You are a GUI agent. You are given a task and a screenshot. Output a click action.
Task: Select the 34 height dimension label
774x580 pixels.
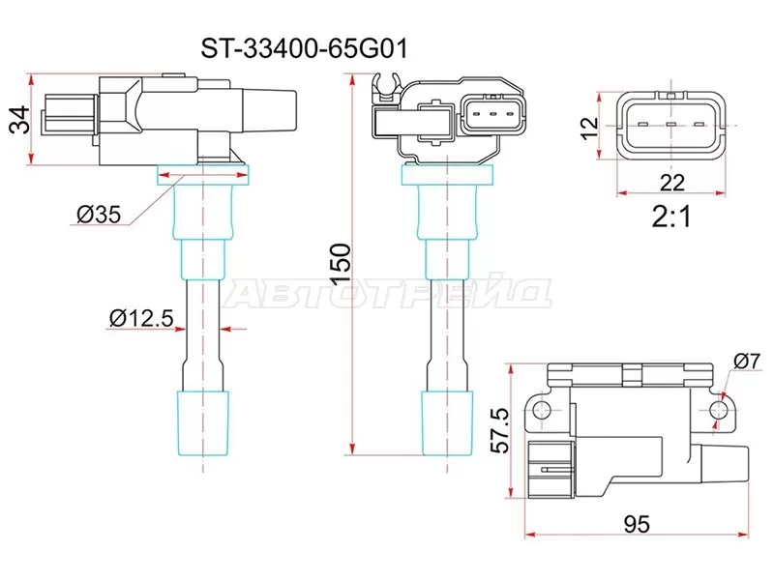coord(15,119)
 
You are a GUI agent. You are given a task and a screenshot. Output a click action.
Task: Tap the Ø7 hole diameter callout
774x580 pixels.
coord(745,361)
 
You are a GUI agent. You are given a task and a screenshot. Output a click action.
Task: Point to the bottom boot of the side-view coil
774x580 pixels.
coord(203,417)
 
